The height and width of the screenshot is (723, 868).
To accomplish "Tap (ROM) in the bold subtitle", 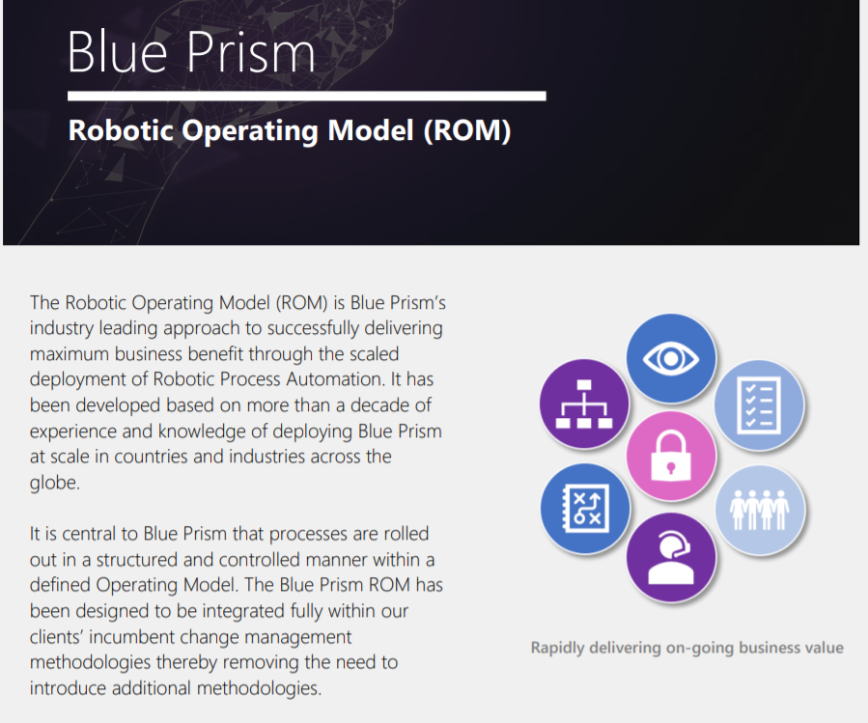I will pos(466,130).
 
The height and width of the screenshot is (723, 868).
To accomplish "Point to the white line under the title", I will pos(306,97).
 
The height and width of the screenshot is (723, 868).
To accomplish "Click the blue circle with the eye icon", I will pos(671,360).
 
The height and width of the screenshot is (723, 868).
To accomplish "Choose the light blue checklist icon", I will pos(759,405).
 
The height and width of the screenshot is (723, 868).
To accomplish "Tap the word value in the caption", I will pos(822,648).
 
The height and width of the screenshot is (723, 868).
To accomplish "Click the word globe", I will pos(54,482).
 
